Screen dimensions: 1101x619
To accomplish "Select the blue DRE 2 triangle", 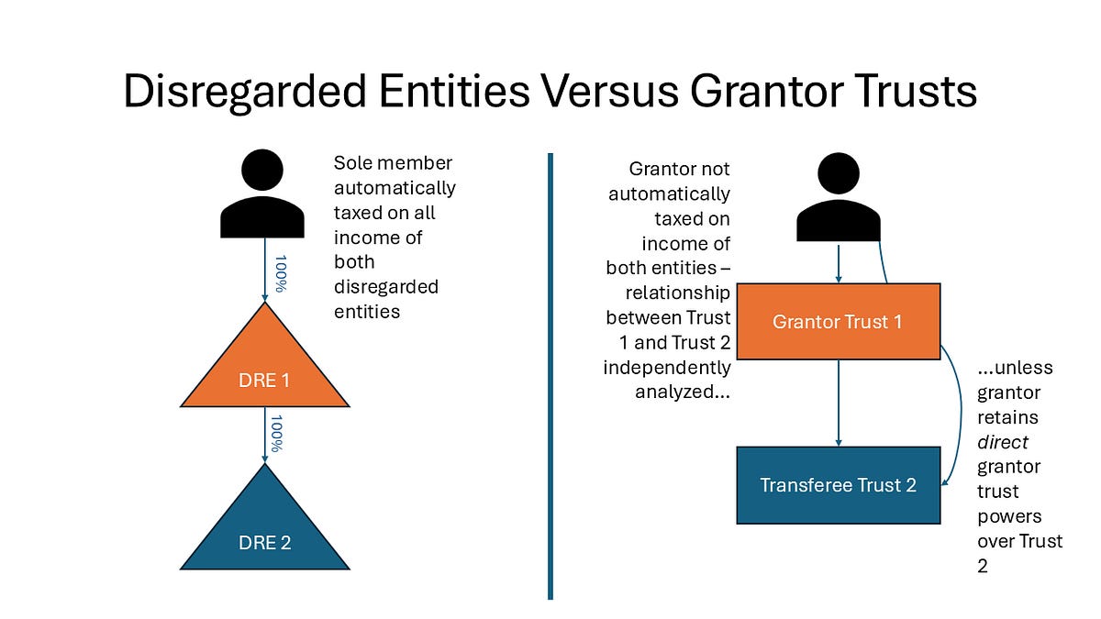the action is tap(264, 532).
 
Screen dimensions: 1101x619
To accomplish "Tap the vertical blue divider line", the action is tap(550, 376).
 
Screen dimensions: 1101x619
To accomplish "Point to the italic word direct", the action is tap(1003, 442).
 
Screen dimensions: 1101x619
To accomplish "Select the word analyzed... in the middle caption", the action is tap(683, 392).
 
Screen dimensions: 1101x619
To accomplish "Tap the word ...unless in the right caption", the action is tap(1015, 368).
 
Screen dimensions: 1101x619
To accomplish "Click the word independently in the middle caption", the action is tap(667, 368).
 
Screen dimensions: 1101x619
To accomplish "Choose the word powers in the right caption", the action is tap(1008, 516).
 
